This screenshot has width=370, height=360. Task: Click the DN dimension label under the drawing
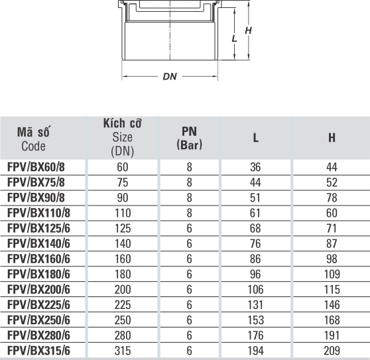click(x=170, y=76)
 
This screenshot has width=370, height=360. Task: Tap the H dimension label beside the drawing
click(x=248, y=30)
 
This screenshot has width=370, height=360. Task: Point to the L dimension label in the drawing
click(x=234, y=38)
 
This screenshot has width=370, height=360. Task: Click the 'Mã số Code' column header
click(x=34, y=139)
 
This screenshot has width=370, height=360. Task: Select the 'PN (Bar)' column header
click(x=189, y=138)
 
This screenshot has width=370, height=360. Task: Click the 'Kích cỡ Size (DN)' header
click(x=123, y=137)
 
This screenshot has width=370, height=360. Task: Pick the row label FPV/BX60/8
click(x=36, y=167)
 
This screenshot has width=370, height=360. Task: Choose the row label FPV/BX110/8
click(x=38, y=213)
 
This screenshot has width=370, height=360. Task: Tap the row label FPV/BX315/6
click(x=38, y=351)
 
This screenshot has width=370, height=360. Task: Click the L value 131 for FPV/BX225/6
click(x=255, y=304)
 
